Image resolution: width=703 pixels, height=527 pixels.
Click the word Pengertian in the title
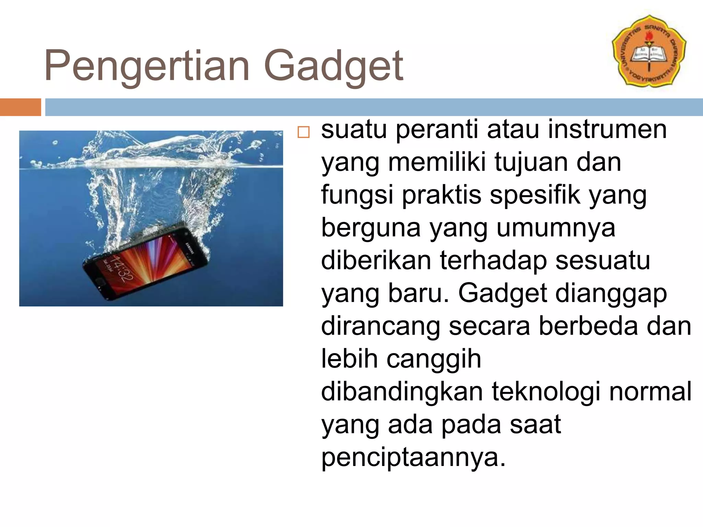coord(147,66)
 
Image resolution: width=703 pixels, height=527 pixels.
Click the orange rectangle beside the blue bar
coord(20,107)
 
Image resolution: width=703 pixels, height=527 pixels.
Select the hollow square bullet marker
coord(303,132)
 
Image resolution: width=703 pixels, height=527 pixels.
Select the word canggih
coord(434,359)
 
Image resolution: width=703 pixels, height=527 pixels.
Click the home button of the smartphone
coord(101,283)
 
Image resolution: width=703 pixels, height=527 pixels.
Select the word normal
coord(650,391)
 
